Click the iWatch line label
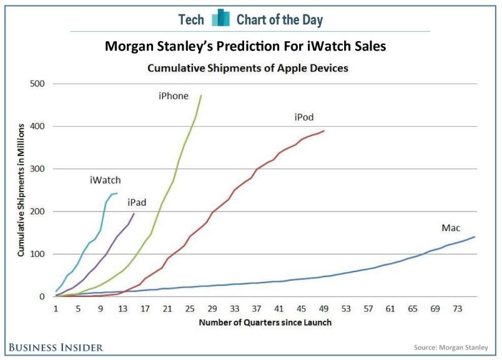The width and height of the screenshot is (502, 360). click(105, 181)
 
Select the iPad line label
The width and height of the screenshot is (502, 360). click(137, 202)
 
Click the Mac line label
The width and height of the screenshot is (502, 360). click(451, 228)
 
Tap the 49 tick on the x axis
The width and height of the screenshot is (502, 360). click(324, 308)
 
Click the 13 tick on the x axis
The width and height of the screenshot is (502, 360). click(124, 308)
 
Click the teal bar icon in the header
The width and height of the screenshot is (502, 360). click(220, 19)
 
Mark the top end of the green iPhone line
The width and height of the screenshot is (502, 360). click(201, 95)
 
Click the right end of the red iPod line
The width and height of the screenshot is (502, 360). click(324, 131)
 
